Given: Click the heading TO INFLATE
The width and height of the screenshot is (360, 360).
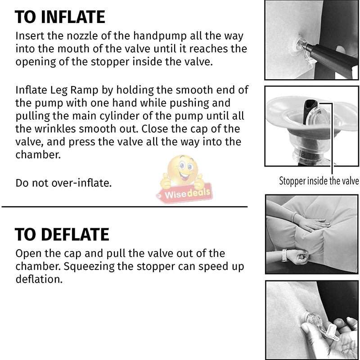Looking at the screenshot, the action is (x=60, y=17).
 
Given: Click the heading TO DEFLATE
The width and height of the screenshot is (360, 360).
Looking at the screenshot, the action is (x=62, y=234).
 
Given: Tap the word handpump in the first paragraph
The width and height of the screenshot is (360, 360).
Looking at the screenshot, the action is (x=160, y=36).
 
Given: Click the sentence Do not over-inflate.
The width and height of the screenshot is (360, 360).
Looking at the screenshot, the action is (x=63, y=183).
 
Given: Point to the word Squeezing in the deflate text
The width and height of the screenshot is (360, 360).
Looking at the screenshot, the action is (x=89, y=267).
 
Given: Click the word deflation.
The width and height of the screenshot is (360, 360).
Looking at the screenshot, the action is (x=39, y=279).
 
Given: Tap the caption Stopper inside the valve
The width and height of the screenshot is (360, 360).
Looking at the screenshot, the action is (x=319, y=181).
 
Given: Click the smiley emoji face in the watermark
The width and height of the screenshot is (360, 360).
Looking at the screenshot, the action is (x=183, y=170).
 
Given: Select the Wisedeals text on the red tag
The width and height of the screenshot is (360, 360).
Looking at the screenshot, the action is (x=187, y=193).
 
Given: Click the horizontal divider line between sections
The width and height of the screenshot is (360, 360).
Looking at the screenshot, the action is (x=125, y=207).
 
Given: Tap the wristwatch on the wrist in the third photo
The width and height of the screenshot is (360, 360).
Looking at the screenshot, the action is (x=285, y=255).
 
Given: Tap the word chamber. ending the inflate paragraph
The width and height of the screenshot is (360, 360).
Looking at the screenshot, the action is (x=38, y=155).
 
